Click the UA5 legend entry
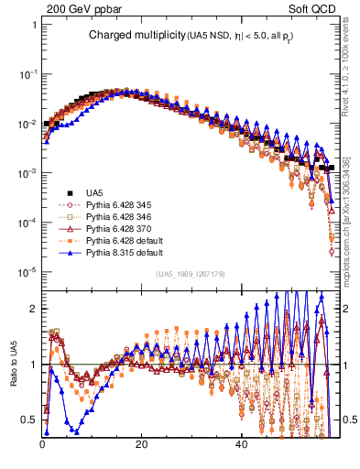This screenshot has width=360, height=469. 93,192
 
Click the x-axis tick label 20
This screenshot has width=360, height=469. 141,445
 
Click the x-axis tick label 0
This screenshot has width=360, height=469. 42,445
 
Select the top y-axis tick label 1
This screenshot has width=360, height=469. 33,25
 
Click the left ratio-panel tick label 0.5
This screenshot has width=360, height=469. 29,420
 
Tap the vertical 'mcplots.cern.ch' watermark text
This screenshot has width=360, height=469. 349,220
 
